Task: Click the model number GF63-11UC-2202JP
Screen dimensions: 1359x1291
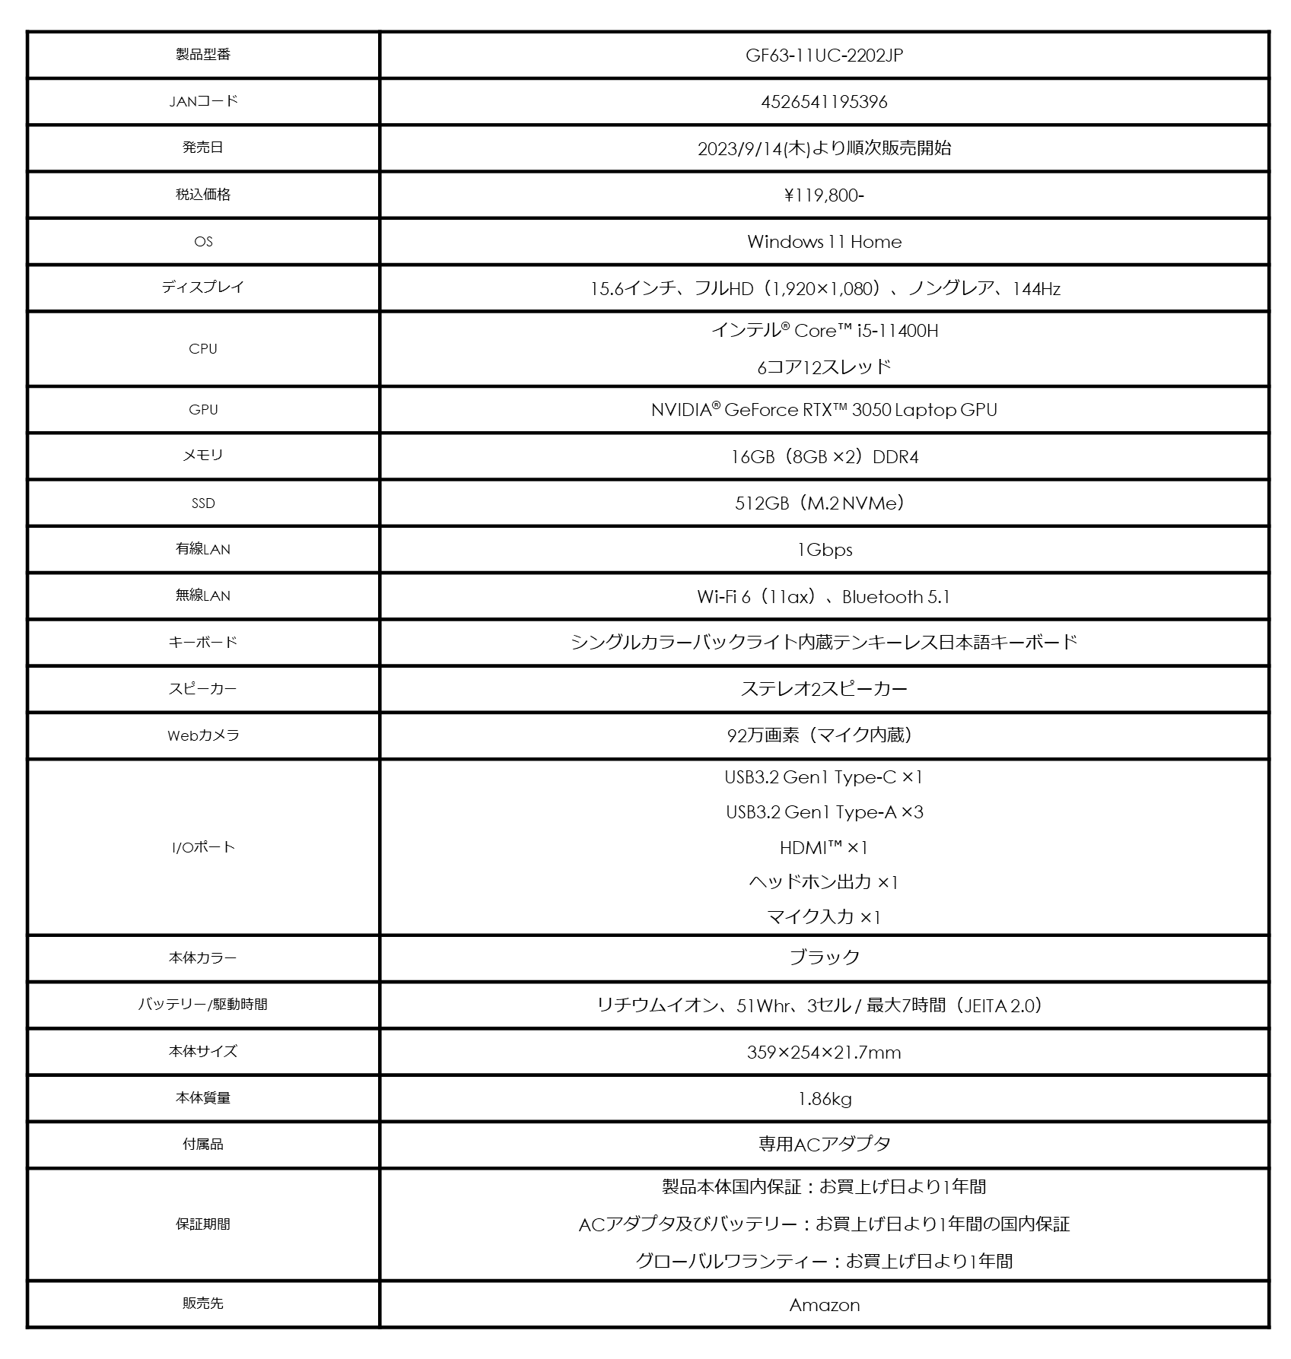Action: [x=824, y=56]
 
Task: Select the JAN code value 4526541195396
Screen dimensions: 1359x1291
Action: [x=824, y=102]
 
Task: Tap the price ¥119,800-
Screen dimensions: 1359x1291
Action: [x=824, y=195]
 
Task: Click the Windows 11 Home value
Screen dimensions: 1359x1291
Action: [x=824, y=242]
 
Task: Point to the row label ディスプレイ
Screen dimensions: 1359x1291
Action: [x=203, y=287]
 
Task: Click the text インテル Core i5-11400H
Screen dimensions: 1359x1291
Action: [x=824, y=331]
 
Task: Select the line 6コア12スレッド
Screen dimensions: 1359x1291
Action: [x=824, y=367]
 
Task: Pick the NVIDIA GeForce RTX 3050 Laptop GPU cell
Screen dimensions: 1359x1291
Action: [x=824, y=410]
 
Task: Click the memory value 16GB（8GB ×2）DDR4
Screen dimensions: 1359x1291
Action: [x=824, y=457]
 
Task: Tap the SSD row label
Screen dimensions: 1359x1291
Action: [x=203, y=503]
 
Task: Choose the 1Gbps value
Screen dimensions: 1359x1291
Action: [x=824, y=550]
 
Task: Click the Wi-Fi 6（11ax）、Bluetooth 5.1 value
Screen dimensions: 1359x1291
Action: [x=824, y=597]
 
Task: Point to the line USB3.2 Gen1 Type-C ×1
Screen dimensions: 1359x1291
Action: [x=824, y=777]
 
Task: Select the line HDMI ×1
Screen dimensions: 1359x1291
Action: [x=824, y=847]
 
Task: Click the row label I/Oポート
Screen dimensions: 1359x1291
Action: [x=203, y=847]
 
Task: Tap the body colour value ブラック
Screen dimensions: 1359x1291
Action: [x=824, y=957]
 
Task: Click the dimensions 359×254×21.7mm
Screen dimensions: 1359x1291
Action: [x=824, y=1053]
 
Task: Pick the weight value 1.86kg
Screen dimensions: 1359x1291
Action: [x=824, y=1099]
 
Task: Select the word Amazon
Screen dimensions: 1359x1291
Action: [x=824, y=1305]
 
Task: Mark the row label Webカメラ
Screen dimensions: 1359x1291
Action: [x=203, y=735]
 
